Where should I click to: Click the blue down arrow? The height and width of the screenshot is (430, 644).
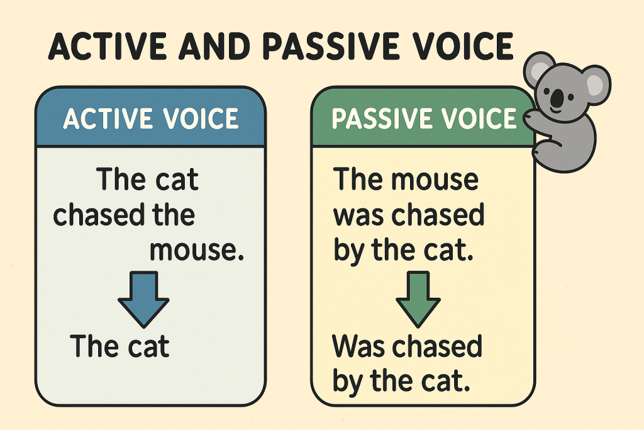point(143,299)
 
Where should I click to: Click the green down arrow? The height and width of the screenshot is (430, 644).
point(418,299)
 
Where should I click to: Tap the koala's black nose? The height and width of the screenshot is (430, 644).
point(557,98)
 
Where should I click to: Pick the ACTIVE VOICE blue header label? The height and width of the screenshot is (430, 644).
point(151,118)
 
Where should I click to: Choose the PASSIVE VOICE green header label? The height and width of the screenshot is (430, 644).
point(424,118)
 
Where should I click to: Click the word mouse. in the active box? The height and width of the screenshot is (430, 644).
point(197,251)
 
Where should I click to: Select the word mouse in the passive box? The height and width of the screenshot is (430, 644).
point(435,179)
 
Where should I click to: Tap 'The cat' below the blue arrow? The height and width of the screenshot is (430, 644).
point(119,346)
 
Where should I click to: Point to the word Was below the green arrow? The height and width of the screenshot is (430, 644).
point(359,346)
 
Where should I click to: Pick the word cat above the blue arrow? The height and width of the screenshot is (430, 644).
point(177,179)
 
